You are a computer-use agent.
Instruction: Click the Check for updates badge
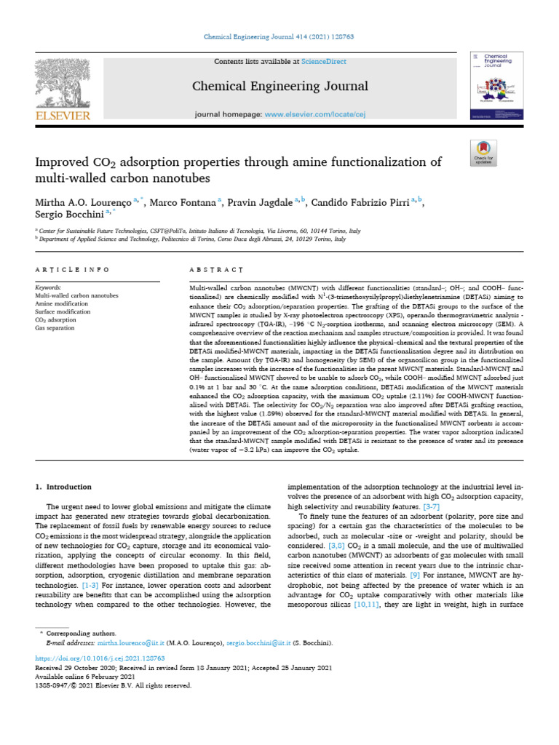tap(484, 150)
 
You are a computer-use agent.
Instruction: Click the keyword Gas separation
tap(55, 328)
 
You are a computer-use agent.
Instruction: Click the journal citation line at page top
tap(279, 36)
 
